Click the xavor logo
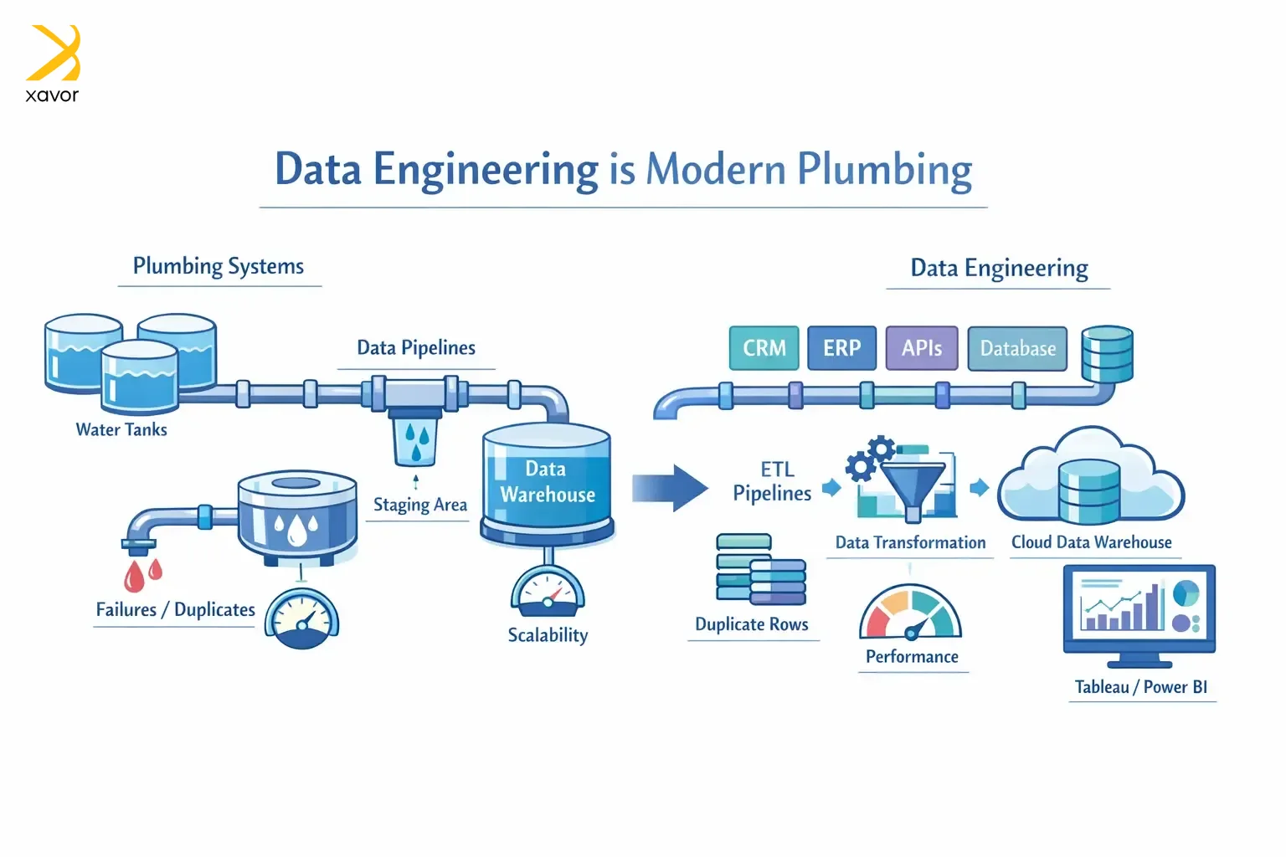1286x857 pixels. [x=53, y=64]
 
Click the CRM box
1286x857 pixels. [x=764, y=348]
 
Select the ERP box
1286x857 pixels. [x=841, y=348]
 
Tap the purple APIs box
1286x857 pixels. [x=921, y=348]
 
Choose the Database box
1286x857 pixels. [x=1017, y=349]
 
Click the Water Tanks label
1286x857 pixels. [x=121, y=429]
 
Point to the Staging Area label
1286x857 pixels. [x=419, y=505]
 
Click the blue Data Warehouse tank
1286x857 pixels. [x=547, y=482]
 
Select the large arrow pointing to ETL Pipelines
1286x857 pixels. [x=669, y=487]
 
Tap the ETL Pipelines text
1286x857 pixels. [x=772, y=481]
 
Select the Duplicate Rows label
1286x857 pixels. [x=752, y=624]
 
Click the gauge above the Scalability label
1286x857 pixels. [x=548, y=593]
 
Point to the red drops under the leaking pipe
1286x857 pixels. [x=143, y=575]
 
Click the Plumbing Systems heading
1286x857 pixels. [x=219, y=266]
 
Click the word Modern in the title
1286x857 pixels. [x=717, y=169]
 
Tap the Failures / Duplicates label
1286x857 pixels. [x=175, y=609]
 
